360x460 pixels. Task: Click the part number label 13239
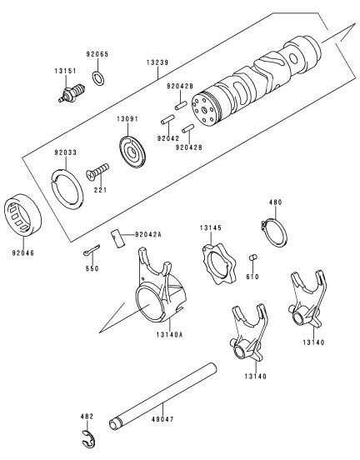pyautogui.click(x=157, y=62)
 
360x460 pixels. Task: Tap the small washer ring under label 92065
pyautogui.click(x=98, y=78)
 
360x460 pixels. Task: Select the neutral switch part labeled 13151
pyautogui.click(x=72, y=92)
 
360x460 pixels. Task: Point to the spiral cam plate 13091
pyautogui.click(x=132, y=152)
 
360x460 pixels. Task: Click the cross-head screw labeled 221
pyautogui.click(x=97, y=172)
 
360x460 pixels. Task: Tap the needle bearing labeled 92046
pyautogui.click(x=22, y=214)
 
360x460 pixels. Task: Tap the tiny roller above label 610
pyautogui.click(x=252, y=257)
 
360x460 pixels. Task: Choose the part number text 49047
pyautogui.click(x=162, y=419)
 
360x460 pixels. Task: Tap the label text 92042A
pyautogui.click(x=148, y=234)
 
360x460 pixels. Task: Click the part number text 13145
pyautogui.click(x=211, y=227)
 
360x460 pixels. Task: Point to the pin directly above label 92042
pyautogui.click(x=167, y=120)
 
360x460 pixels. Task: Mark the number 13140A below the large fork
pyautogui.click(x=170, y=334)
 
